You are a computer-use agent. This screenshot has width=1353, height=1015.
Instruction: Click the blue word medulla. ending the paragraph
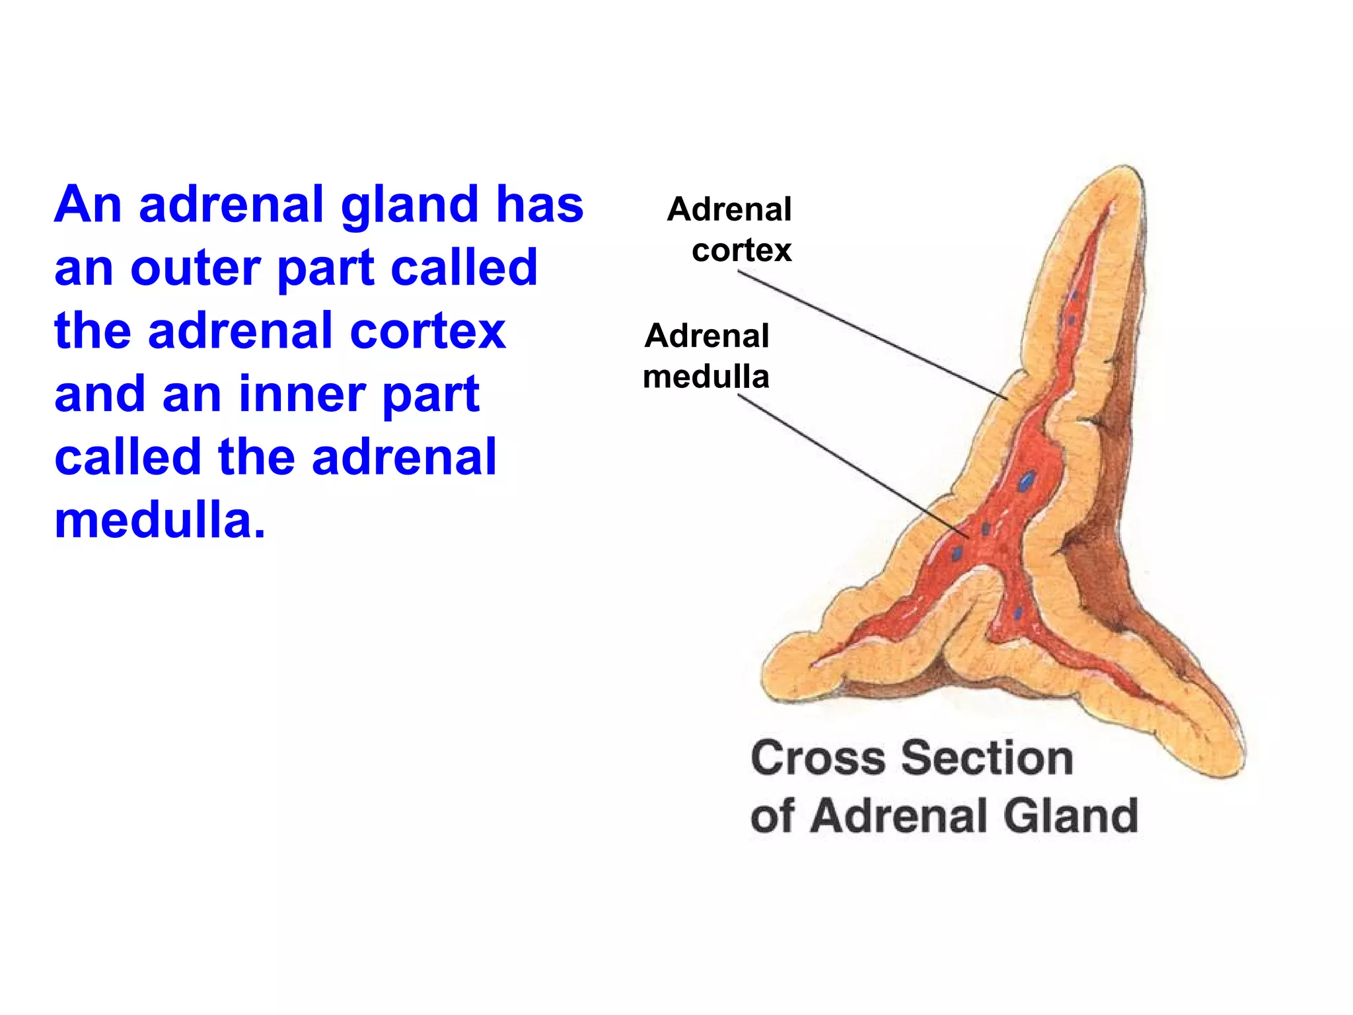coord(159,521)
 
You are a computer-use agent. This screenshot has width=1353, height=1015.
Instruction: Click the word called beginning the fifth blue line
coord(128,457)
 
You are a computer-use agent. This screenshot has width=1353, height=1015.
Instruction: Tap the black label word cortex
coord(741,250)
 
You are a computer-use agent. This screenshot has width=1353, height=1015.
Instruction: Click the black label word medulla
coord(706,377)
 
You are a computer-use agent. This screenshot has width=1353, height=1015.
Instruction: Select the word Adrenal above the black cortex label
coord(729,209)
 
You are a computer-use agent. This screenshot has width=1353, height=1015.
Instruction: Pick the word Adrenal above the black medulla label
coord(707,336)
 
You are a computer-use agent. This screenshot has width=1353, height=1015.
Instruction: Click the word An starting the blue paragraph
coord(88,205)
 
